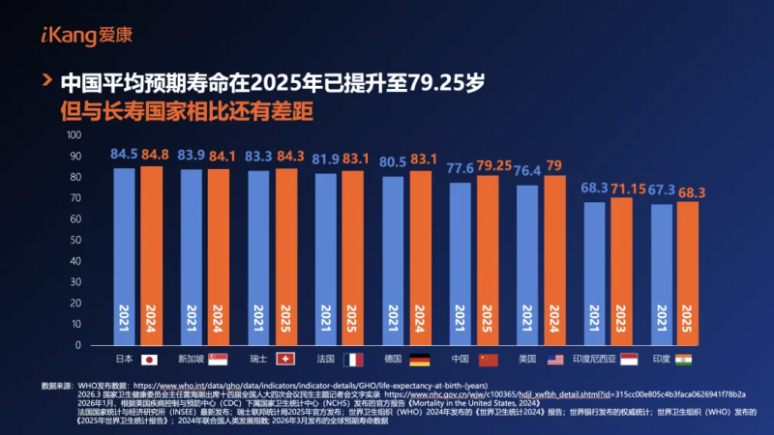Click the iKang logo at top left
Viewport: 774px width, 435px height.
tap(73, 36)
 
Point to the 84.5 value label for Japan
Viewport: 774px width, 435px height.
tap(124, 153)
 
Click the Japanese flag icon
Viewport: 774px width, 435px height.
tap(149, 359)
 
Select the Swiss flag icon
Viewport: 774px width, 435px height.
tap(285, 359)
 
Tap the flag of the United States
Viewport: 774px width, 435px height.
tap(554, 359)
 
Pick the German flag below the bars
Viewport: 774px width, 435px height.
tap(419, 359)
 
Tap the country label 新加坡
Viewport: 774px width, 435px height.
tap(192, 359)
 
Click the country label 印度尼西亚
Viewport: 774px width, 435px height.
tap(591, 359)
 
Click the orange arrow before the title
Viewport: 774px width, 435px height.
tap(45, 80)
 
